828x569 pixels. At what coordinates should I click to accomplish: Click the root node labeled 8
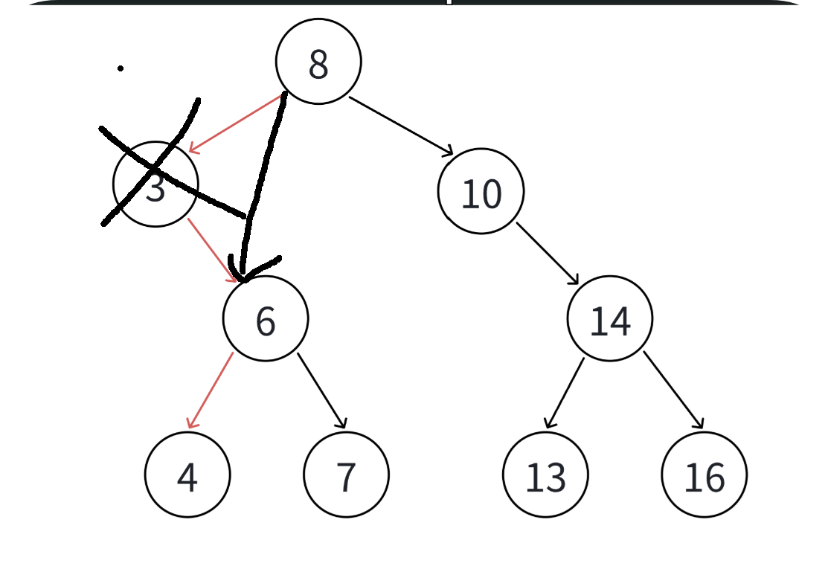318,62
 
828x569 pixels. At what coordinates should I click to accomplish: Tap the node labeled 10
481,191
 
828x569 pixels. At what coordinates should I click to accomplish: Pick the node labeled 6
266,318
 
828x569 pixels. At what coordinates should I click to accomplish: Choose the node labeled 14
610,318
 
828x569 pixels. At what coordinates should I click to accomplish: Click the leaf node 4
187,475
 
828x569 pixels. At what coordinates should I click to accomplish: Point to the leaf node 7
346,475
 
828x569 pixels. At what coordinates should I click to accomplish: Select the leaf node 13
545,475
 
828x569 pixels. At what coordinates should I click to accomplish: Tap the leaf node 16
704,475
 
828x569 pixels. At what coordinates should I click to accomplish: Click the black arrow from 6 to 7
321,390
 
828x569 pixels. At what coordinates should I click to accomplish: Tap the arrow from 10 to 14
547,253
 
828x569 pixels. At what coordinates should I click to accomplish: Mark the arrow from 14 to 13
564,392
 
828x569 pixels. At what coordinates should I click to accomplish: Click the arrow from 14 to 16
673,390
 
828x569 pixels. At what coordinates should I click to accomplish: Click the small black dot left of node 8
121,68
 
